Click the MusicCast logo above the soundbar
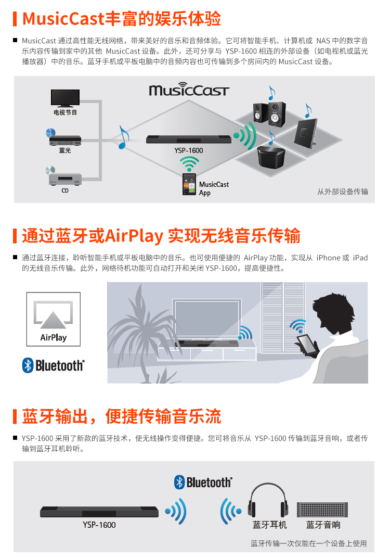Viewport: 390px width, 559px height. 189,89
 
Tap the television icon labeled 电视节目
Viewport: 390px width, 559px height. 65,98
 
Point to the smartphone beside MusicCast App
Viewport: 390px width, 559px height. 189,184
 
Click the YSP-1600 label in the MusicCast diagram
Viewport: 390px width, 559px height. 189,150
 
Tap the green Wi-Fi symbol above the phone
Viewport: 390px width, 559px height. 189,164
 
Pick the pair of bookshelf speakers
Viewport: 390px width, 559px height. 269,113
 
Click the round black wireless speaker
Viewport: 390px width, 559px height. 271,156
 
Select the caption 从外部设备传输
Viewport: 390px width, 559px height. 343,192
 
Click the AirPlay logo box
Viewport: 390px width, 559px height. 54,319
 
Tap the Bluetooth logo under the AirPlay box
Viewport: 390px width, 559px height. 54,365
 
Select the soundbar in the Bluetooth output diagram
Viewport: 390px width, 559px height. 99,512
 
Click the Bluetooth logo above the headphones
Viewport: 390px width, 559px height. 203,482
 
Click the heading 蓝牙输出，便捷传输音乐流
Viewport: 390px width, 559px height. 122,416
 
